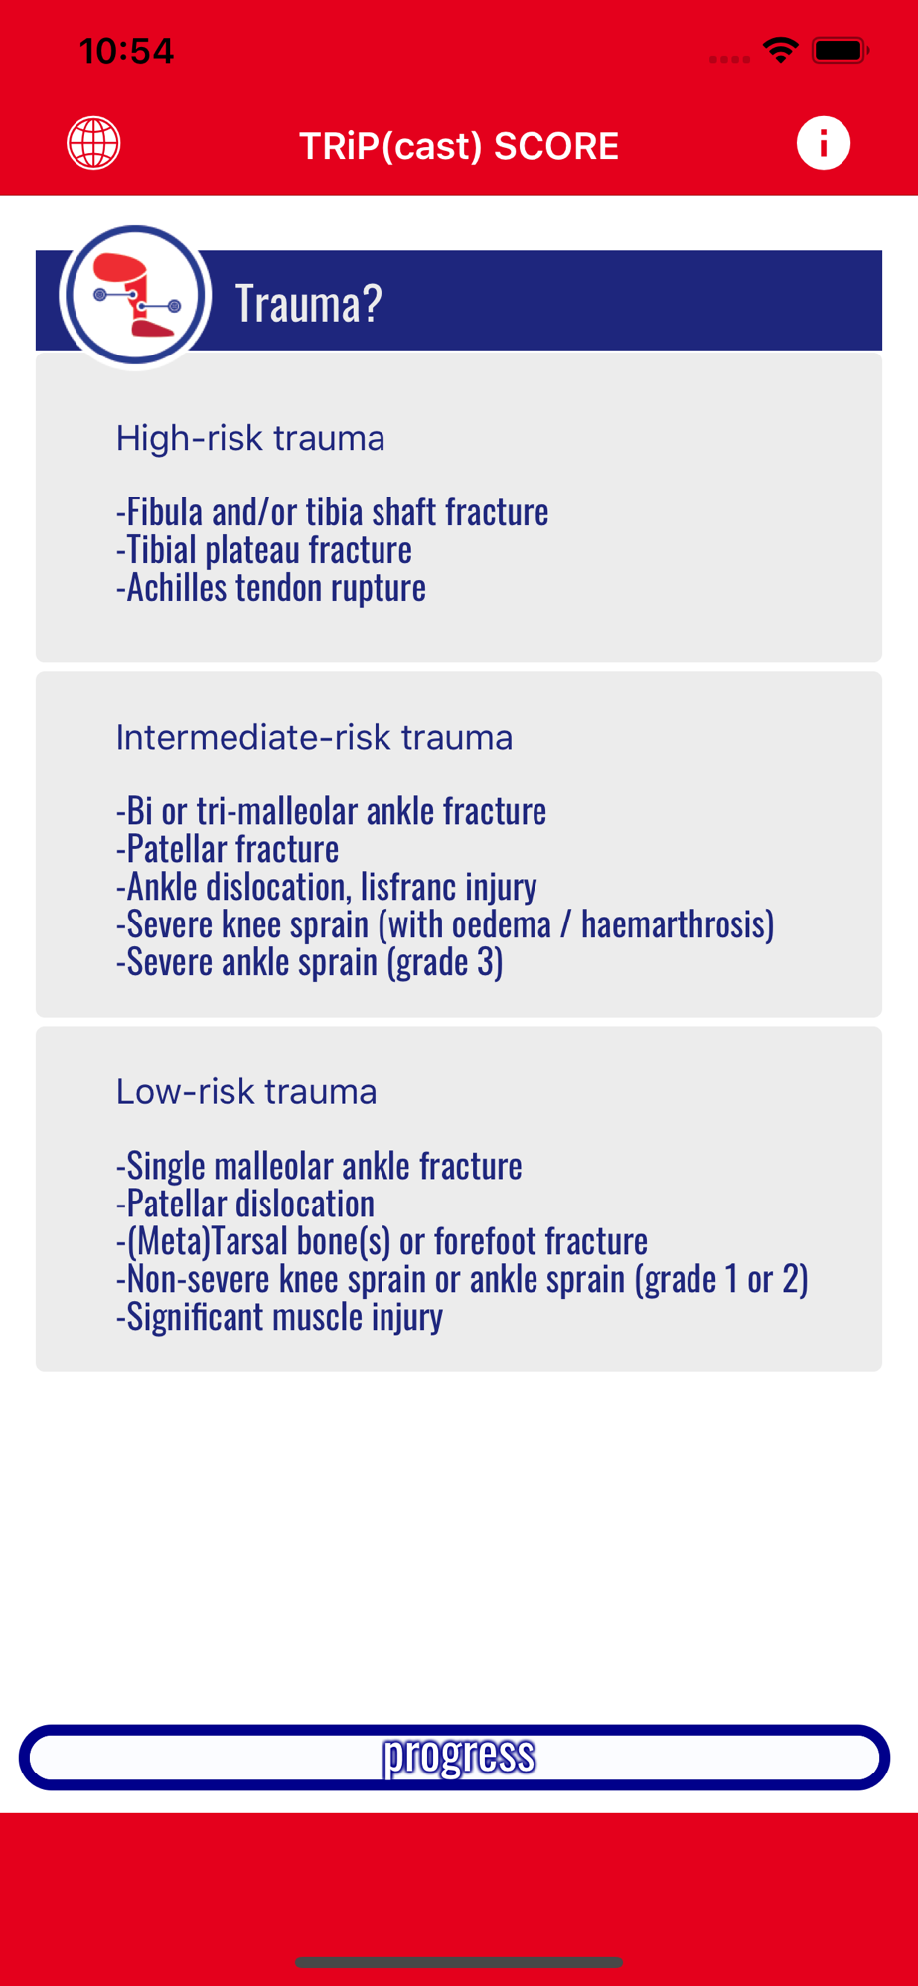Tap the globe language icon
click(x=93, y=144)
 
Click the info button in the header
click(x=823, y=143)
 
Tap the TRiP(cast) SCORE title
click(x=459, y=146)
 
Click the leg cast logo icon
click(x=135, y=296)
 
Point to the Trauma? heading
click(x=308, y=303)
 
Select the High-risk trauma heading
click(x=250, y=438)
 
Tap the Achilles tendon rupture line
click(x=271, y=588)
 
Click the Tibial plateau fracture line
click(x=264, y=550)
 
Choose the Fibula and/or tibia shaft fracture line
click(x=333, y=512)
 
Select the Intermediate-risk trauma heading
click(x=314, y=737)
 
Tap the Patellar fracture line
click(x=228, y=849)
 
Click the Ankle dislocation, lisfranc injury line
click(x=327, y=887)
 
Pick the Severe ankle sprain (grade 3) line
click(x=310, y=962)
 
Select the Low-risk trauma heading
click(x=246, y=1091)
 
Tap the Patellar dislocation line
click(x=245, y=1204)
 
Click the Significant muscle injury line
click(x=280, y=1317)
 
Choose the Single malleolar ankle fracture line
click(x=319, y=1166)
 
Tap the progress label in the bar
click(x=459, y=1755)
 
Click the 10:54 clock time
click(x=126, y=51)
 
